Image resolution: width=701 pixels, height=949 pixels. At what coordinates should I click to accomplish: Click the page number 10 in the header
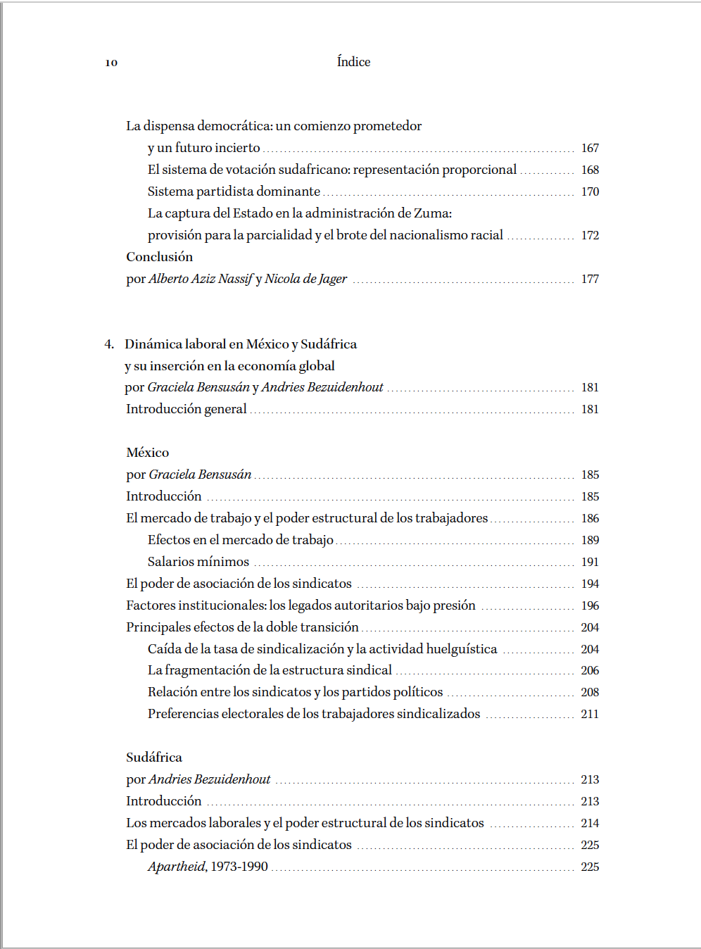point(111,63)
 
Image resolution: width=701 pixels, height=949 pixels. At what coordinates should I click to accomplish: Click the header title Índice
point(353,62)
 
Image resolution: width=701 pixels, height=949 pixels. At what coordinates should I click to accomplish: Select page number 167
point(590,148)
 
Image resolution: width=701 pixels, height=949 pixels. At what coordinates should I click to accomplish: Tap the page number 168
point(590,170)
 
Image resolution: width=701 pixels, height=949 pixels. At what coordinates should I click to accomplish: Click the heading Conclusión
point(159,257)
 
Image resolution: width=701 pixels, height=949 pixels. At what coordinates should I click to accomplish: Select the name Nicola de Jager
point(305,279)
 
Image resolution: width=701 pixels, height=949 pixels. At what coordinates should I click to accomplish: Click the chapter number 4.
point(108,344)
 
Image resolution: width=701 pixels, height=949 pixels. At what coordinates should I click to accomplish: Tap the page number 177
point(590,279)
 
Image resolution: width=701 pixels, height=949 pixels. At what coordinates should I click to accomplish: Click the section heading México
point(148,453)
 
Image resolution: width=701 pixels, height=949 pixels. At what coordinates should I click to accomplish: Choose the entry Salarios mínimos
point(198,562)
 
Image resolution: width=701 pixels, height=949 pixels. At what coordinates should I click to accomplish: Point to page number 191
point(590,562)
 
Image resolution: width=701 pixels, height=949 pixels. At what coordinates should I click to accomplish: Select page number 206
point(590,671)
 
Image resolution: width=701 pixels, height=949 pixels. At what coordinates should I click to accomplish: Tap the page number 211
point(590,714)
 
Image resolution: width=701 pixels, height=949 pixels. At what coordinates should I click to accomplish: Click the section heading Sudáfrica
point(154,758)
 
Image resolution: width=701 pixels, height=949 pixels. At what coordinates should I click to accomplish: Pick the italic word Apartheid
point(176,867)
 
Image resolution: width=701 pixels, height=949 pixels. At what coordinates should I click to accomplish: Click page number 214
point(590,823)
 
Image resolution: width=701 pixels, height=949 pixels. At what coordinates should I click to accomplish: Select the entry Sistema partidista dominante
point(234,191)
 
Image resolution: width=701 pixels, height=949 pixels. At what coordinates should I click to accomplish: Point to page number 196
point(590,605)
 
